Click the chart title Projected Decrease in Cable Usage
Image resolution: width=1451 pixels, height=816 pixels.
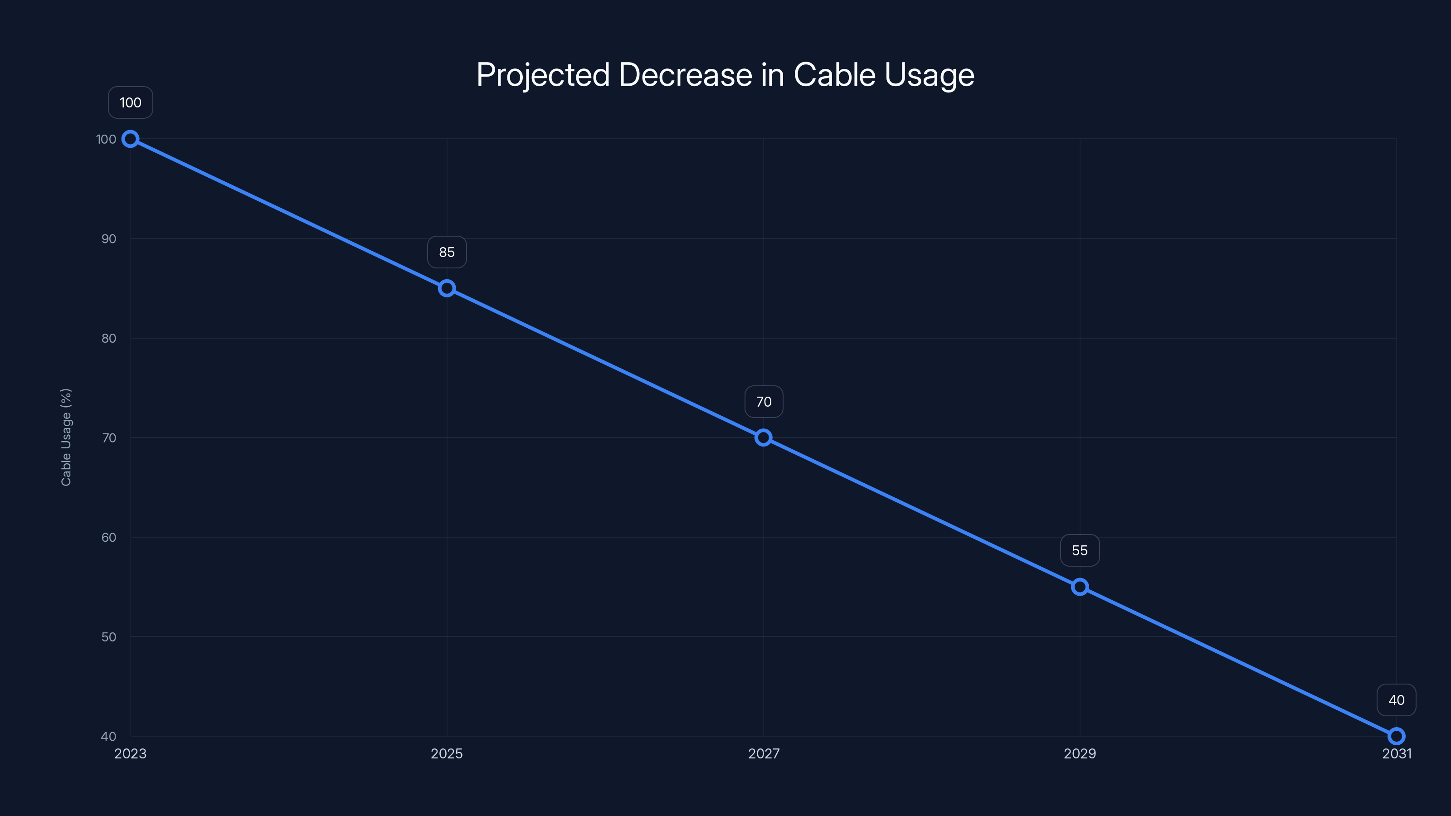pos(725,75)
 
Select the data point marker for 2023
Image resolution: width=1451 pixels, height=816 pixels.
pos(130,139)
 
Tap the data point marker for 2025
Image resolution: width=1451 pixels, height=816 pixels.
pos(447,288)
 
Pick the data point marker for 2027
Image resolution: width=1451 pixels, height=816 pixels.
pos(763,437)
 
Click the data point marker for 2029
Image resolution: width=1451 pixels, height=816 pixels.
pos(1080,587)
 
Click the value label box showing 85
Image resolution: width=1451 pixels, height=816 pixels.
pos(447,253)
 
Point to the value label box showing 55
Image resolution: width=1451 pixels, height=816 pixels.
pos(1080,550)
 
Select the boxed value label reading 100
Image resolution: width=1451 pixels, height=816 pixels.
pos(130,102)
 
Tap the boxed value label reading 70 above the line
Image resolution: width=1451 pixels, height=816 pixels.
pos(763,402)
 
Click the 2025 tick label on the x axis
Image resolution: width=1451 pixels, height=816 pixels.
pos(447,753)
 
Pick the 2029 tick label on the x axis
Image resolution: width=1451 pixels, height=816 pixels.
pos(1080,753)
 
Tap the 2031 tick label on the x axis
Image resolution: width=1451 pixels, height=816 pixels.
pos(1397,753)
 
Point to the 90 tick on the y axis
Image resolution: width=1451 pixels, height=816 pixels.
pos(109,239)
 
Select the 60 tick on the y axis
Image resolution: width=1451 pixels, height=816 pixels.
pos(109,537)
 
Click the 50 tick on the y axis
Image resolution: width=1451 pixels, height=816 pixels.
pos(109,637)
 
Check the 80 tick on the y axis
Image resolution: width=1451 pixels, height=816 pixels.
pos(109,339)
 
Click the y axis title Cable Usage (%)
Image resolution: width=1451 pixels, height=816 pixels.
pos(66,437)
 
